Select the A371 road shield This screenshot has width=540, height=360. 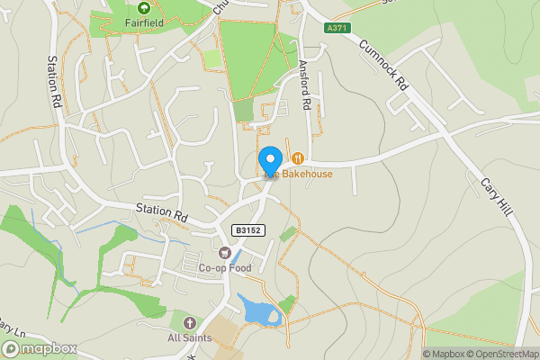(337, 29)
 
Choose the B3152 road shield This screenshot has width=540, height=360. (248, 230)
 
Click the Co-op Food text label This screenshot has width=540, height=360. (226, 267)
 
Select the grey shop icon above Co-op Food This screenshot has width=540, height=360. (225, 252)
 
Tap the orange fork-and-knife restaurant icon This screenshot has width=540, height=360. (298, 158)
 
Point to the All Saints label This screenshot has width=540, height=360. (189, 337)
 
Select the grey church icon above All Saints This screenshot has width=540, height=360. (189, 322)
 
